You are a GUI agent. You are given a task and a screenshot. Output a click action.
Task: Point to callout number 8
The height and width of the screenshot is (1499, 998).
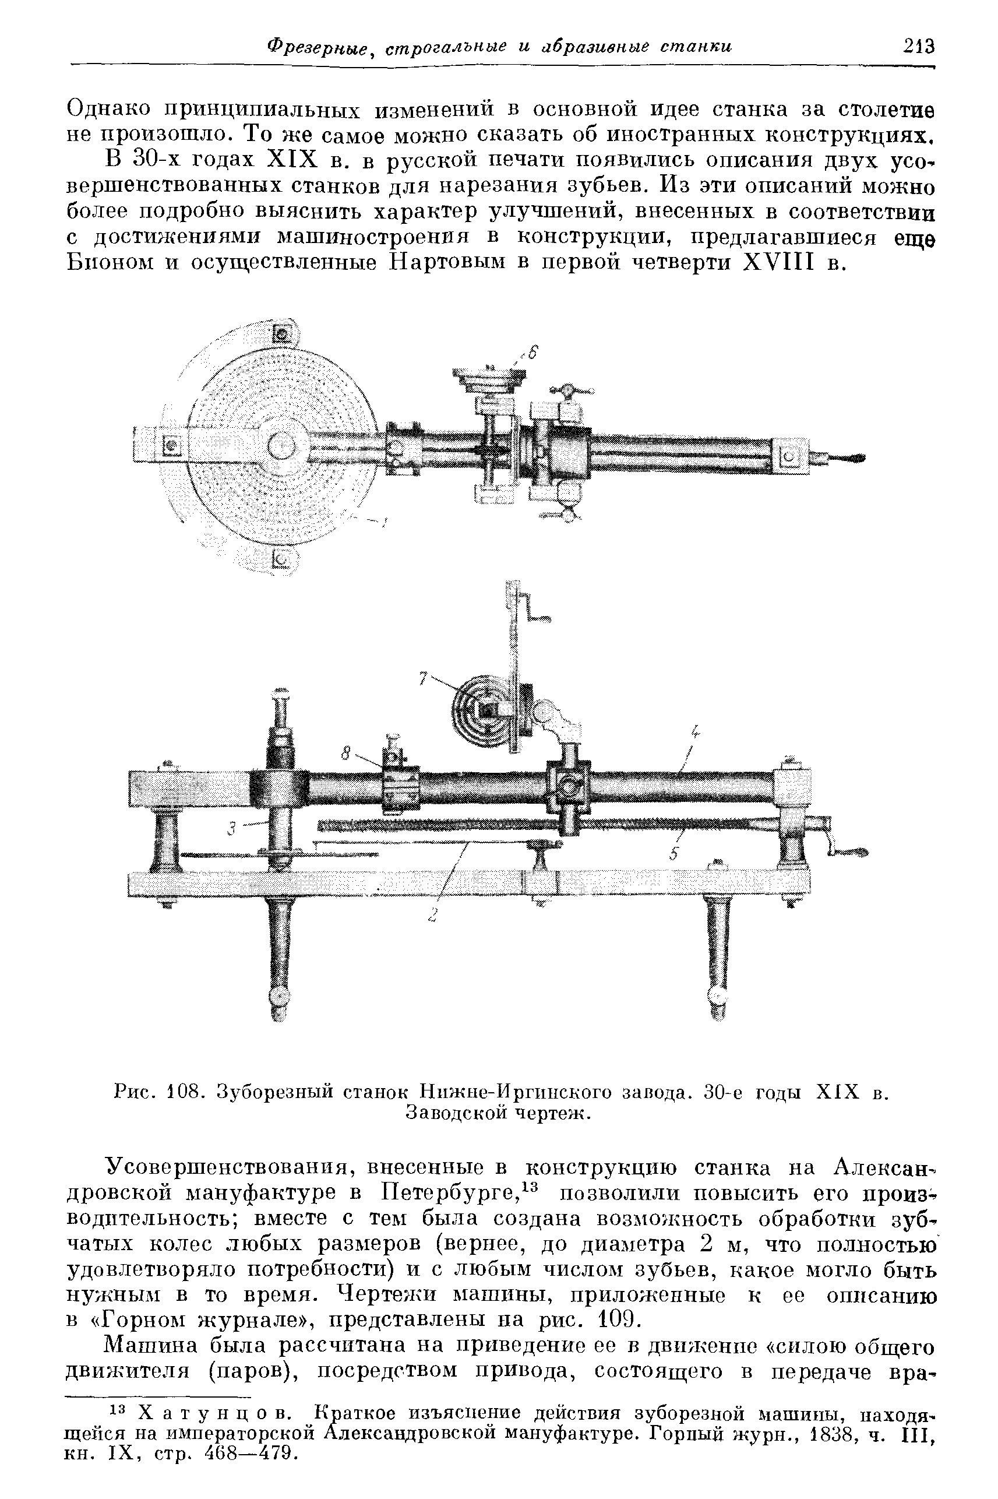pos(346,754)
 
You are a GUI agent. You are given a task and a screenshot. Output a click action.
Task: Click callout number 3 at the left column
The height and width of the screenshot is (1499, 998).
pos(232,829)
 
